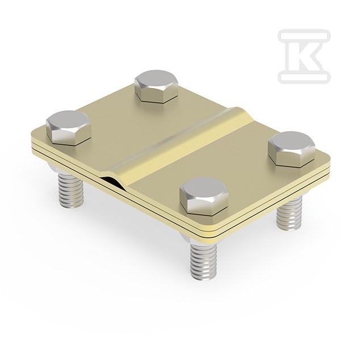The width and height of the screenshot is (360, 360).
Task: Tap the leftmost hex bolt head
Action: click(x=69, y=128)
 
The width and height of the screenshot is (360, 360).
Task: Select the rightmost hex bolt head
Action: click(x=292, y=149)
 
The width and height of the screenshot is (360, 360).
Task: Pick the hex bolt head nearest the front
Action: click(x=204, y=196)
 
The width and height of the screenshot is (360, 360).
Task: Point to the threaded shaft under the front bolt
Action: click(x=203, y=262)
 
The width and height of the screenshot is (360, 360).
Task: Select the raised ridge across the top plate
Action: click(x=179, y=147)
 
